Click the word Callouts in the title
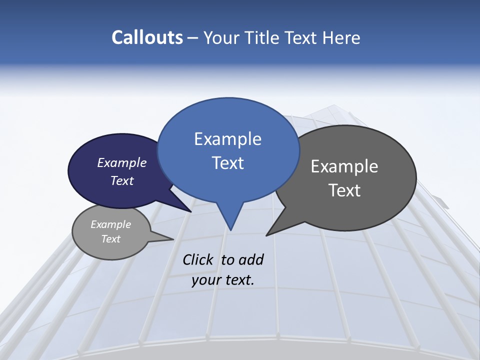click(147, 37)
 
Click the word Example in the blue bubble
click(227, 139)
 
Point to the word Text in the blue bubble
click(227, 162)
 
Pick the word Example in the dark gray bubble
click(344, 166)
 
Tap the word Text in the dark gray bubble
click(344, 190)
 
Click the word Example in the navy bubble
click(122, 162)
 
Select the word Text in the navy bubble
click(122, 180)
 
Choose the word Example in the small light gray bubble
click(111, 224)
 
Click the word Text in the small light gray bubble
click(111, 239)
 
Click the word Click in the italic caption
click(198, 259)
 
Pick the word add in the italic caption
click(250, 259)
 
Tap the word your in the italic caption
click(205, 280)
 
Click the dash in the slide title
click(193, 38)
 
